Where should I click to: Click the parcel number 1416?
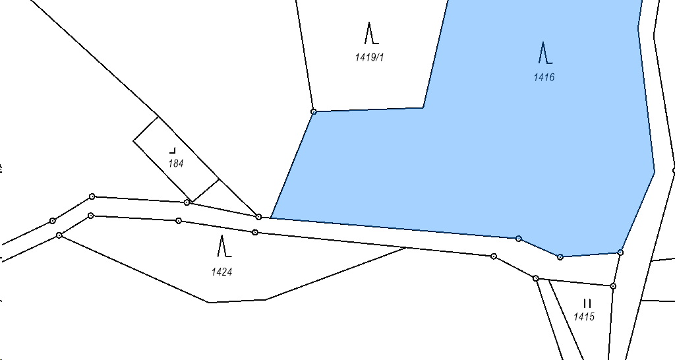coord(544,77)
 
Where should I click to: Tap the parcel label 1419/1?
coord(369,57)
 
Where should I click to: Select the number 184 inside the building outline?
coord(176,164)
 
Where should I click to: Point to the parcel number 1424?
coord(221,271)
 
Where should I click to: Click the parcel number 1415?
coord(584,316)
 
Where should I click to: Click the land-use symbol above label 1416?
coord(544,52)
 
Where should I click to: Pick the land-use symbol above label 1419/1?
coord(369,33)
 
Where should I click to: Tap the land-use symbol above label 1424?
coord(223,246)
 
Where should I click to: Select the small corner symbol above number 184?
coord(173,150)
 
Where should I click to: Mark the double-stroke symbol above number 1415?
coord(587,303)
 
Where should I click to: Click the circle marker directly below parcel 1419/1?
coord(314,112)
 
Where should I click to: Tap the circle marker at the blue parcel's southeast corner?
coord(620,253)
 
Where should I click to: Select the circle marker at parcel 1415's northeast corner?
coord(613,286)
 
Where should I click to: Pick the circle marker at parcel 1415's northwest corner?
coord(536,279)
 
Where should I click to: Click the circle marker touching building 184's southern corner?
coord(187,202)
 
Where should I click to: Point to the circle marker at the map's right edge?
coord(674,170)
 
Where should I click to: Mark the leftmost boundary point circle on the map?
coord(53,221)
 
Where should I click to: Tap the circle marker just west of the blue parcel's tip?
coord(258,217)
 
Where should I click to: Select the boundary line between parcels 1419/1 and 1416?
coord(435,53)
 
